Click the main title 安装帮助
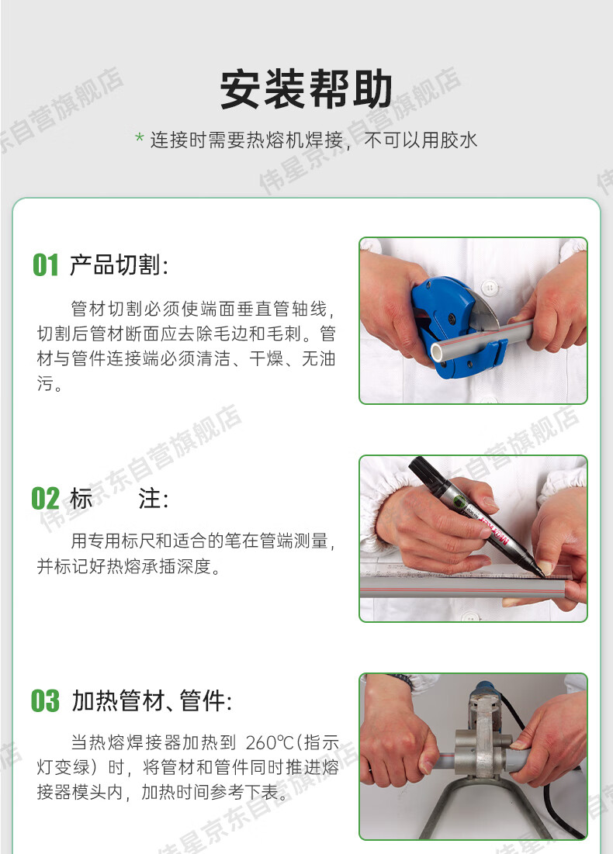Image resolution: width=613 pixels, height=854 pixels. (x=306, y=88)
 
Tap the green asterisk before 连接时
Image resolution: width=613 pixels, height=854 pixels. (x=140, y=138)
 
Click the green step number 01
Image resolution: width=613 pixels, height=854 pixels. (x=45, y=265)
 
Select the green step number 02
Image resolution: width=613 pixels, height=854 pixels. (x=45, y=498)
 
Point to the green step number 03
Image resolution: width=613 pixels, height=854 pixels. (x=45, y=700)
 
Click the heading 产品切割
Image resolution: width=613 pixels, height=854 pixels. (x=119, y=265)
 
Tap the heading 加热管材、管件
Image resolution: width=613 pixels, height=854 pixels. (x=152, y=700)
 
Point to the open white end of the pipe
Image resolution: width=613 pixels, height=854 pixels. (x=438, y=352)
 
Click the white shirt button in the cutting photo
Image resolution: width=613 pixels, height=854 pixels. (x=490, y=286)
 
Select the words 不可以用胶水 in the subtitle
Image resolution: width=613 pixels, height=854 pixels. (x=420, y=140)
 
